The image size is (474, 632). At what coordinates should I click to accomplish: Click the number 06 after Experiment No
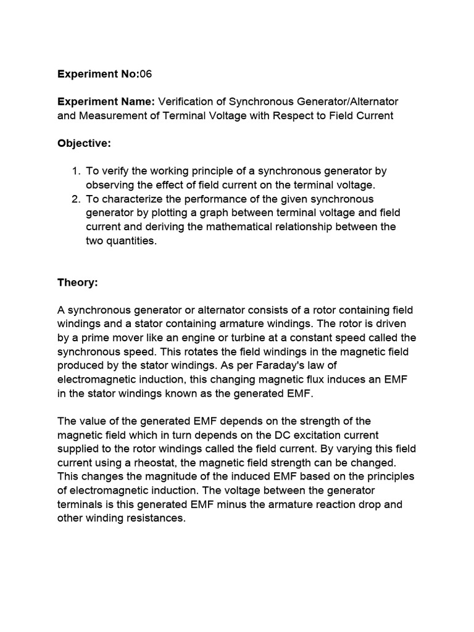click(x=146, y=74)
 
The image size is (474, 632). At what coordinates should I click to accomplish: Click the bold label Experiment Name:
click(x=107, y=101)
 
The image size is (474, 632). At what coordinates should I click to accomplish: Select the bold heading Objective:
click(x=84, y=143)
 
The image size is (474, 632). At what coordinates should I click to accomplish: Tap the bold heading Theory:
click(x=78, y=282)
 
